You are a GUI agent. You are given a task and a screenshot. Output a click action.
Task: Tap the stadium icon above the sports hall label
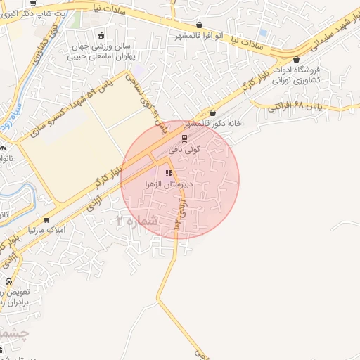(101, 35)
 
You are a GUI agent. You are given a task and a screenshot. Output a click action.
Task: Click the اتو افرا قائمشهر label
(200, 34)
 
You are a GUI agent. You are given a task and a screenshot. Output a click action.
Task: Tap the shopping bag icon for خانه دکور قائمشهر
(212, 112)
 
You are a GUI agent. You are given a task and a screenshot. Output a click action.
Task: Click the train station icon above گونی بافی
(184, 139)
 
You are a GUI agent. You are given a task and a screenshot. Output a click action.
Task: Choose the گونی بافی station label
(184, 149)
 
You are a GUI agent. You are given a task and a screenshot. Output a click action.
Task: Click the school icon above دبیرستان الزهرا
(168, 173)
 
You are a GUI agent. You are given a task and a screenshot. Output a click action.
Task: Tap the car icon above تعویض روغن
(8, 281)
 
